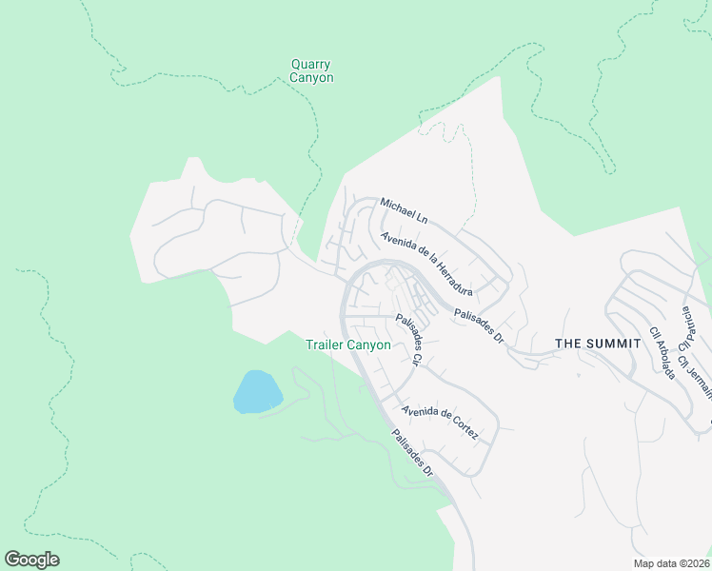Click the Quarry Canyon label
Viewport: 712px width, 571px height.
pyautogui.click(x=312, y=71)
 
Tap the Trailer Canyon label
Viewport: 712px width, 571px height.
pyautogui.click(x=347, y=345)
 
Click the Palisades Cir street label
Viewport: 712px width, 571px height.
pyautogui.click(x=409, y=341)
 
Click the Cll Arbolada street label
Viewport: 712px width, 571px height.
pyautogui.click(x=663, y=354)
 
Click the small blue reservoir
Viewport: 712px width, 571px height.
pyautogui.click(x=257, y=391)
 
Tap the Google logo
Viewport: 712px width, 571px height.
pyautogui.click(x=32, y=560)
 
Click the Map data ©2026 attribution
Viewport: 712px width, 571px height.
pyautogui.click(x=671, y=563)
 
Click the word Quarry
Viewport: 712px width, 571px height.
pyautogui.click(x=311, y=65)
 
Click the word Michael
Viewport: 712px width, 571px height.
pyautogui.click(x=395, y=207)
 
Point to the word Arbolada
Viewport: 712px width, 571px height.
pyautogui.click(x=664, y=358)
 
